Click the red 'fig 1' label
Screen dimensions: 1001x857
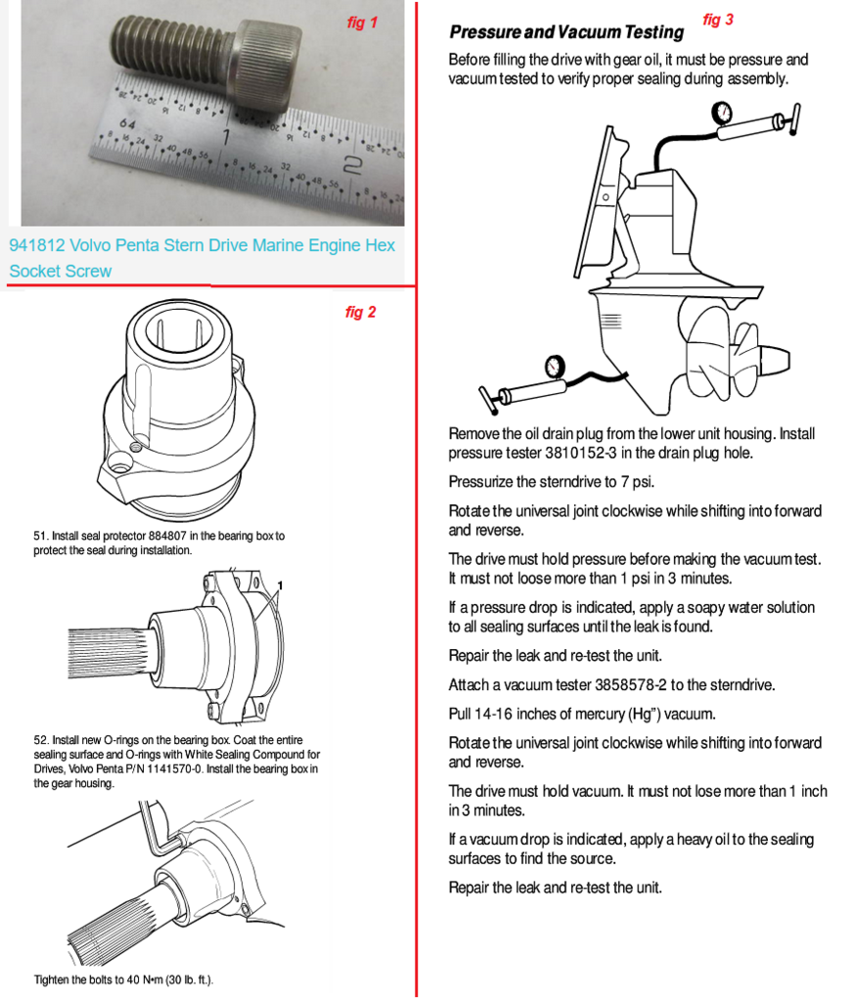tap(361, 22)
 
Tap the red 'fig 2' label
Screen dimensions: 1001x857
tap(360, 313)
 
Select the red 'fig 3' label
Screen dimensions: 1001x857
tap(717, 20)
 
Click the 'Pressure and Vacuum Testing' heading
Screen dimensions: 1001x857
tap(565, 33)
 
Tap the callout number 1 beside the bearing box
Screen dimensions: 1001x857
tap(280, 586)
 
